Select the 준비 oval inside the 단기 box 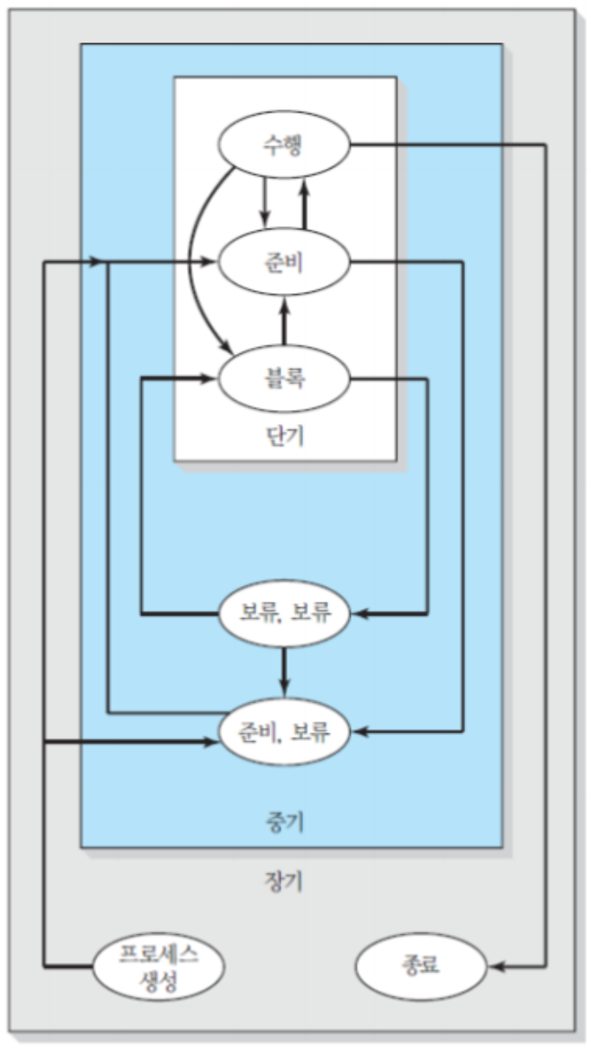tap(284, 261)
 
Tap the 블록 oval tap(284, 378)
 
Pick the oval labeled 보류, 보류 tap(284, 614)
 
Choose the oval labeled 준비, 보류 tap(284, 732)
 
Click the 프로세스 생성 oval tap(158, 964)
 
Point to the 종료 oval tap(422, 964)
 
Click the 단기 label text tap(284, 435)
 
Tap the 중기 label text tap(283, 819)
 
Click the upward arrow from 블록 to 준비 tap(284, 320)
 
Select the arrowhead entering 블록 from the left tap(207, 378)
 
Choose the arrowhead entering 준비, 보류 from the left tap(207, 742)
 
